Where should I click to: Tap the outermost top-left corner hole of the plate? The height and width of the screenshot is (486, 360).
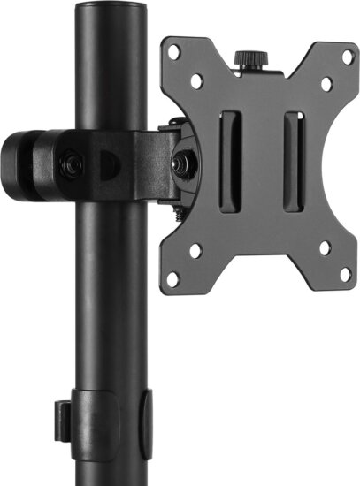tap(175, 51)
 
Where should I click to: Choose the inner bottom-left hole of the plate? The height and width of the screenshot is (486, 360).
tap(196, 250)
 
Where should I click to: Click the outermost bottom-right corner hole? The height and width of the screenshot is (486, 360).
tap(346, 276)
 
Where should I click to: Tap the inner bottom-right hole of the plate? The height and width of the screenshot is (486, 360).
tap(324, 250)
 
